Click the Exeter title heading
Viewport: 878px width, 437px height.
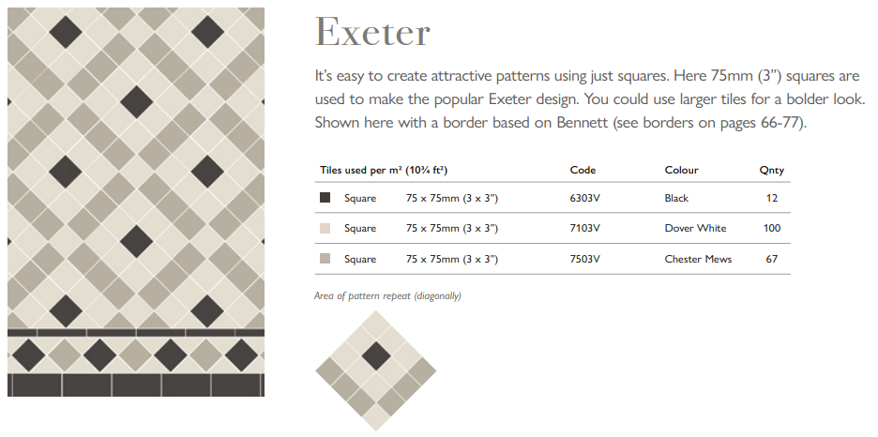click(372, 33)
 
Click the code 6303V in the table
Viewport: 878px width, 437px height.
click(584, 199)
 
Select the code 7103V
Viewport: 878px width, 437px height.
click(584, 229)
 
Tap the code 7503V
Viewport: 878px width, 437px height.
click(584, 259)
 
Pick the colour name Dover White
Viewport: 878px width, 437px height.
click(695, 229)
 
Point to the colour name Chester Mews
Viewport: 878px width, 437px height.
click(698, 259)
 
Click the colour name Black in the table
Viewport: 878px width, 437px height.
click(676, 199)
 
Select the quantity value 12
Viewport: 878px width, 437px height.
click(772, 199)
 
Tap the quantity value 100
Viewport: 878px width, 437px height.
click(772, 229)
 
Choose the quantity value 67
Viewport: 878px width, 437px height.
click(772, 259)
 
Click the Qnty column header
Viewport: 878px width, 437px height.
click(771, 171)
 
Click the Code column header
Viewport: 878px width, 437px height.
click(583, 171)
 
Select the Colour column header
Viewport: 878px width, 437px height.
click(681, 171)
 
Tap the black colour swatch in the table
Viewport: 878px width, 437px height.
click(325, 198)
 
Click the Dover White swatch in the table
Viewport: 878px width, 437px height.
click(325, 229)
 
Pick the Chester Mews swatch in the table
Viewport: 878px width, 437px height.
click(325, 259)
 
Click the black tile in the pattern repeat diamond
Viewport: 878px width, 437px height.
click(376, 354)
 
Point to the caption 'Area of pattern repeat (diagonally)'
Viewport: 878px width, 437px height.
click(387, 296)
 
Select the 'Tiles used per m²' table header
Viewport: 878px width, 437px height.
click(382, 171)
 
